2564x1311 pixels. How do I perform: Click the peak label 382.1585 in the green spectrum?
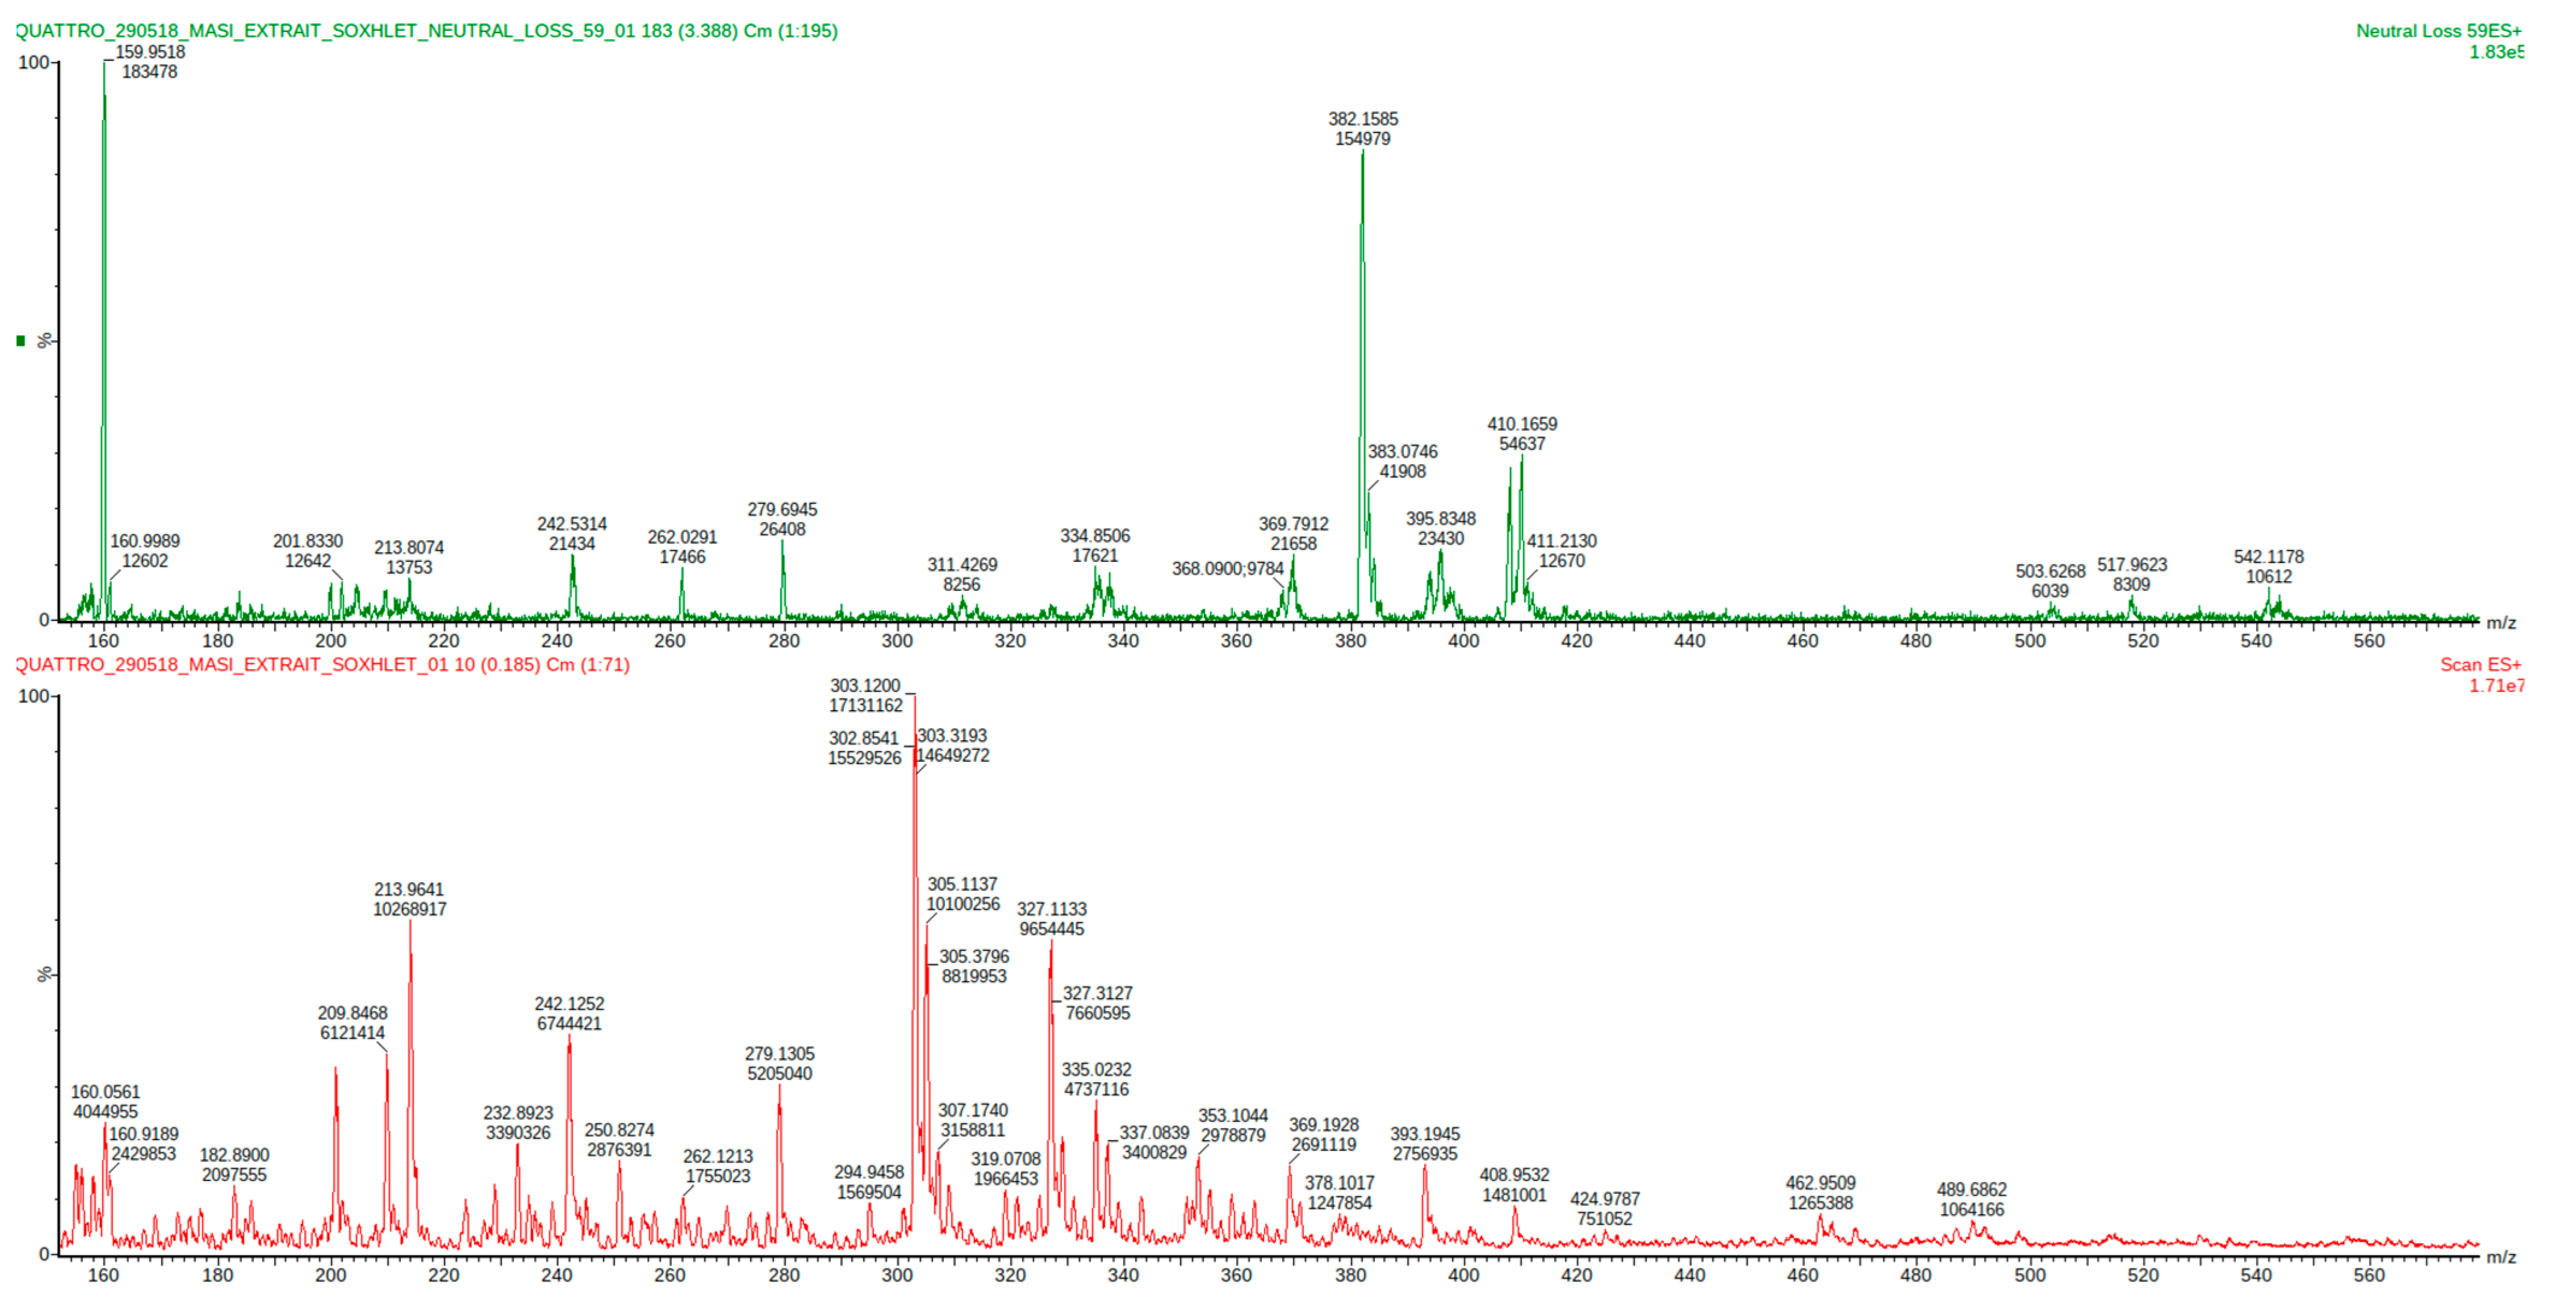coord(1362,119)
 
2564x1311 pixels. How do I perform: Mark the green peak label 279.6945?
coord(783,509)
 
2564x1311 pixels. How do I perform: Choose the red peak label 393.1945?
coord(1424,1135)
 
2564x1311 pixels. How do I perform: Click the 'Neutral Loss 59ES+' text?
coord(2438,31)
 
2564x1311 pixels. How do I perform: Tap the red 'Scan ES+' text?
coord(2479,665)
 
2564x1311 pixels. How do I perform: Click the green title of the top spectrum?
coord(426,31)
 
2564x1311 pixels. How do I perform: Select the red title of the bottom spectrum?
coord(323,665)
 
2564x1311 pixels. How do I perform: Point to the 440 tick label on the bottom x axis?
coord(1689,1275)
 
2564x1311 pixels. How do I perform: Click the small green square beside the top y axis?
coord(20,341)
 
